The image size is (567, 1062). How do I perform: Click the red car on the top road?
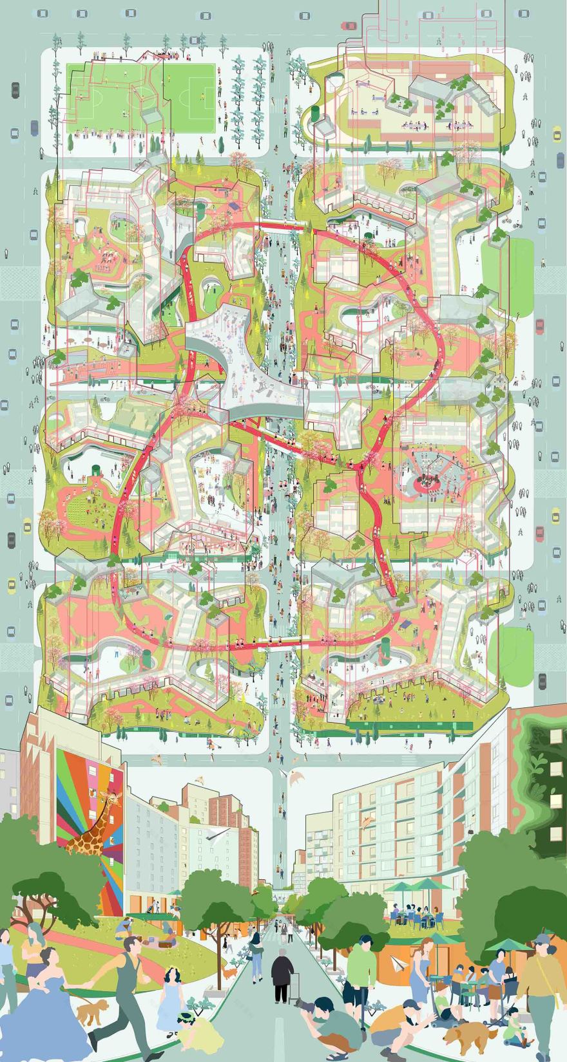click(x=349, y=26)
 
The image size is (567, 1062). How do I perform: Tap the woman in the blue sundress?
click(x=428, y=972)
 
